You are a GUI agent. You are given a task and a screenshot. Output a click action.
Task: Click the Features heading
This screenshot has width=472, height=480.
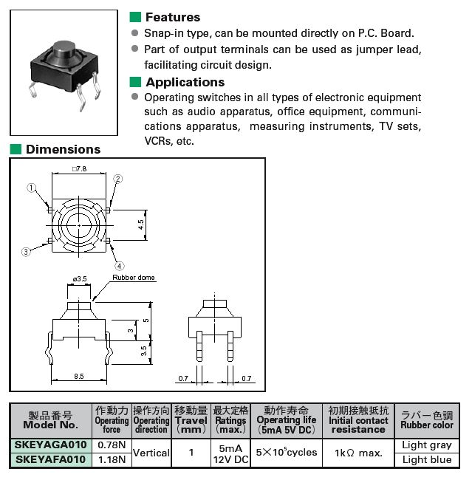(x=172, y=17)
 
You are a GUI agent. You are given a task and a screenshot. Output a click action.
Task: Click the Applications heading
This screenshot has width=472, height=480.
(x=185, y=82)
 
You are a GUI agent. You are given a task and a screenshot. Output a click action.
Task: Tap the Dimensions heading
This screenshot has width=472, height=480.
(x=63, y=149)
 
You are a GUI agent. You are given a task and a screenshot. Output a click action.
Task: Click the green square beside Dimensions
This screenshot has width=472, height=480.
(x=16, y=149)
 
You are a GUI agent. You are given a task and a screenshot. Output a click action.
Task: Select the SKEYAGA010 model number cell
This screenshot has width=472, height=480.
(x=51, y=445)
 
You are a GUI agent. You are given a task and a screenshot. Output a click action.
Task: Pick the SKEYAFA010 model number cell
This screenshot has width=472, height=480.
(x=51, y=459)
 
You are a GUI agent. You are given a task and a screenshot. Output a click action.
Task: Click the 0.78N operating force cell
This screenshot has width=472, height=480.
(x=112, y=445)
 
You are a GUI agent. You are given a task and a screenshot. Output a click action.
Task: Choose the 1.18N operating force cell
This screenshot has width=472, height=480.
(x=112, y=459)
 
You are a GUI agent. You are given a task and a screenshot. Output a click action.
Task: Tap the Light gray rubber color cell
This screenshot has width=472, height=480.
(x=427, y=445)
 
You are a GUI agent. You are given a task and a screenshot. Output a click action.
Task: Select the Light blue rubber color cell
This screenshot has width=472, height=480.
(x=427, y=459)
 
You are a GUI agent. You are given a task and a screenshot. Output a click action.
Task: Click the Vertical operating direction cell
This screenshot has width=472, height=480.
(x=151, y=452)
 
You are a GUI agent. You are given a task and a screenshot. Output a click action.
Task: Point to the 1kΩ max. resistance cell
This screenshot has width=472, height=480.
(x=358, y=452)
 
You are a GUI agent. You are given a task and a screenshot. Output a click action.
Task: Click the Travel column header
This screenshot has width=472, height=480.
(x=191, y=420)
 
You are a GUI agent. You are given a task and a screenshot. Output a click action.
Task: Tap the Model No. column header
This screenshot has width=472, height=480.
(x=50, y=420)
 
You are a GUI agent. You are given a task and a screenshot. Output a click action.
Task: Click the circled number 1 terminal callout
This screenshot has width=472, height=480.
(x=32, y=188)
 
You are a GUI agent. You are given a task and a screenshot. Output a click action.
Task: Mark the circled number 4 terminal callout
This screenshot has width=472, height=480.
(x=119, y=265)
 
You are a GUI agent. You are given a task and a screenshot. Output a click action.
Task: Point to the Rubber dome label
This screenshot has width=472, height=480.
(x=134, y=278)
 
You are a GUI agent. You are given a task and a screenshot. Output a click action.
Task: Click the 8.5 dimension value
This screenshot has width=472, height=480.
(x=79, y=376)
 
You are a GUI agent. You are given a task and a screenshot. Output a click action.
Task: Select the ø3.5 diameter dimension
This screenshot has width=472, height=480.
(x=81, y=278)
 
